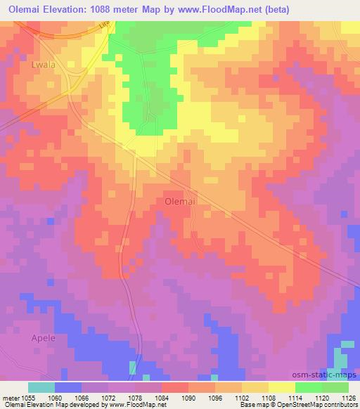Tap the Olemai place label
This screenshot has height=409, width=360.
pos(180,200)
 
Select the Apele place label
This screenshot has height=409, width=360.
pos(42,337)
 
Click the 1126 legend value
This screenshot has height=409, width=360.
pos(349,398)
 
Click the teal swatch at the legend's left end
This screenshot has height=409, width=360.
pos(41,387)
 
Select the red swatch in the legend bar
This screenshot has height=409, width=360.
pos(175,387)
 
